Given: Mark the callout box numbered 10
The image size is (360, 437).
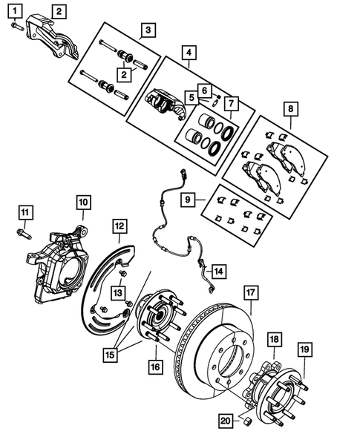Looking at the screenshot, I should click(x=82, y=201).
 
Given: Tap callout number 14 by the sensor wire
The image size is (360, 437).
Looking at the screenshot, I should click(x=217, y=271).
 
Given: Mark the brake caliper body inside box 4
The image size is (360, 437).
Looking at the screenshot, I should click(x=165, y=104).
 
